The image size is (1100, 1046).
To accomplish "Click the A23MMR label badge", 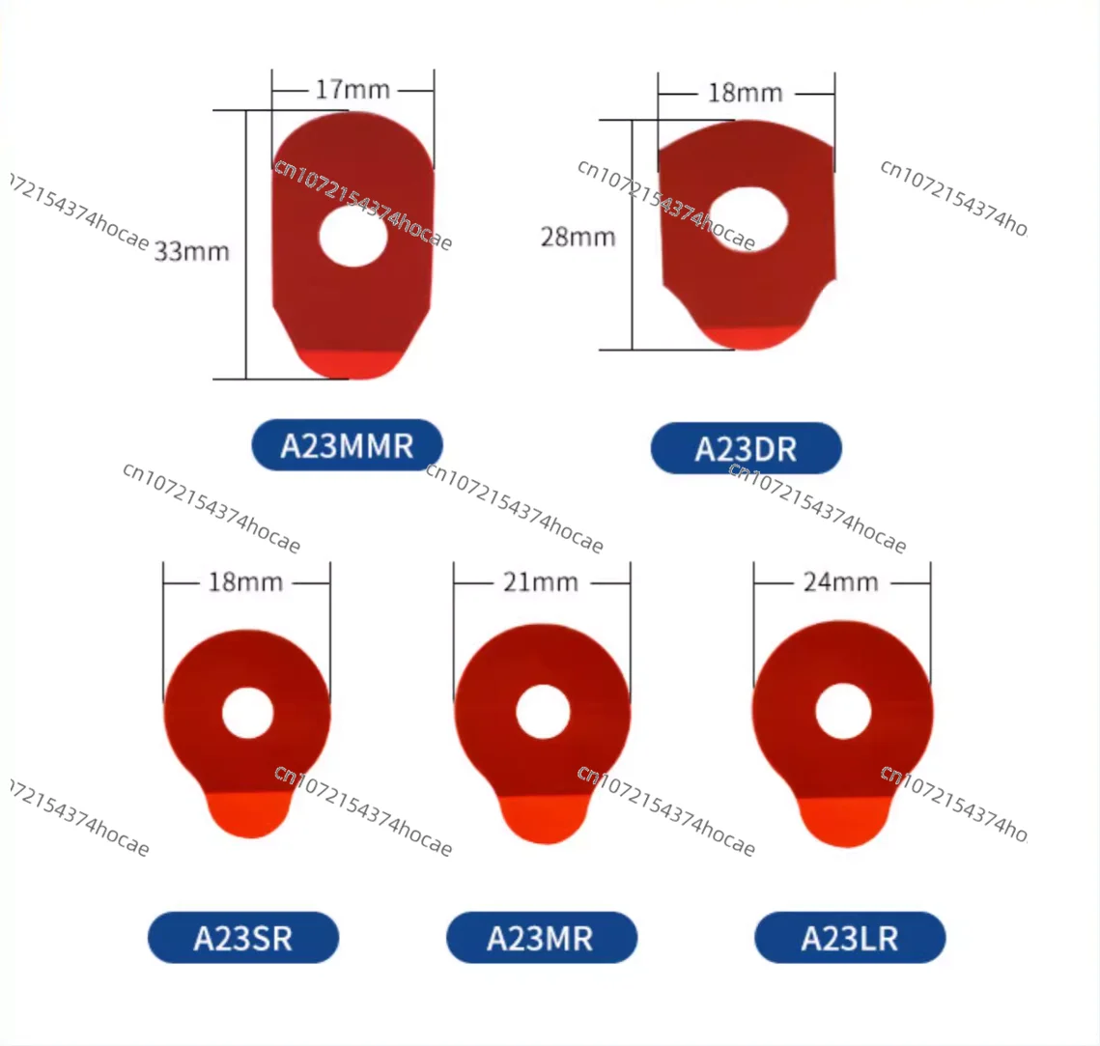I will [347, 445].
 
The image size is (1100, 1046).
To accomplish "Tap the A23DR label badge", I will [746, 449].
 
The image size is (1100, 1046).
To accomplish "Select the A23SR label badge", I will [243, 938].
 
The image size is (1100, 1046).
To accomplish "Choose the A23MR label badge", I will [541, 938].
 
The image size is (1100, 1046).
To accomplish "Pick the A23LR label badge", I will [850, 938].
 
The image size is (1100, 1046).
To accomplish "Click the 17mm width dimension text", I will [353, 90].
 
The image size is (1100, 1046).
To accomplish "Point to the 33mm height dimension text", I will [192, 252].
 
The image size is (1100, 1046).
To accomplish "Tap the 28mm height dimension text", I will [578, 237].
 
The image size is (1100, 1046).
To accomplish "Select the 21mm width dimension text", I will [541, 582].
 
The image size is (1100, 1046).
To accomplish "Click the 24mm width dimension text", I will [841, 582].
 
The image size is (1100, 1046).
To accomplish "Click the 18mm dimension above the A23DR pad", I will [745, 94].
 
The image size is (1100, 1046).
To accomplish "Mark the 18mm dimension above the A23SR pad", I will [245, 582].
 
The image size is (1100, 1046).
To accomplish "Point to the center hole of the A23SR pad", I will [247, 713].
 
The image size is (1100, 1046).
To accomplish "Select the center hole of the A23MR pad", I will [542, 712].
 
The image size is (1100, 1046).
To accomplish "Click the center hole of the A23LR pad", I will [843, 711].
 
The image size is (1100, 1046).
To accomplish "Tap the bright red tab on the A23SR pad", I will [249, 813].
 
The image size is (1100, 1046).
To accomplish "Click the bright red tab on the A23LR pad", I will [844, 822].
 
